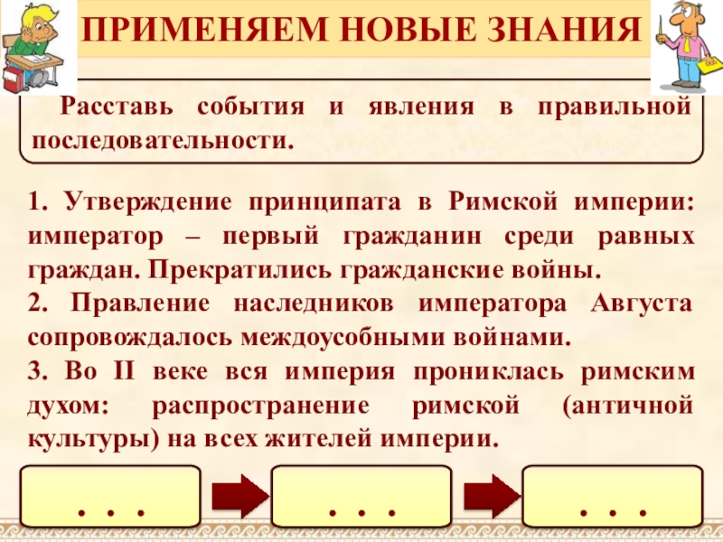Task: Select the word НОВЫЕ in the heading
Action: [x=391, y=33]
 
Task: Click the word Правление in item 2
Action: [x=130, y=304]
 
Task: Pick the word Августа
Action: [x=642, y=304]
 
